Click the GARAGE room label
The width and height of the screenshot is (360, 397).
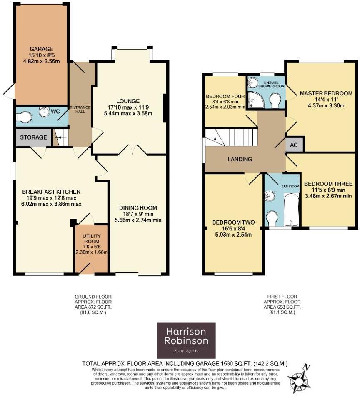click(41, 49)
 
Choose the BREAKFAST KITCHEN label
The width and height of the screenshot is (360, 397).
click(51, 192)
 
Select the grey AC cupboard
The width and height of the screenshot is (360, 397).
click(294, 145)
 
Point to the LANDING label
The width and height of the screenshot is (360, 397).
click(240, 159)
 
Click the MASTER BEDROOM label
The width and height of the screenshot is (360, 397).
click(326, 93)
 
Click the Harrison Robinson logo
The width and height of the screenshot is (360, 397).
click(186, 340)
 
